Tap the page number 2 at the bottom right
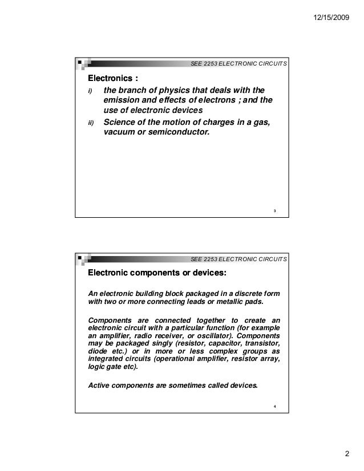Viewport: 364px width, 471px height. [346, 454]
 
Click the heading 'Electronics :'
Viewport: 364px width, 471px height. [112, 78]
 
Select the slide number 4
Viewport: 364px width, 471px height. [274, 406]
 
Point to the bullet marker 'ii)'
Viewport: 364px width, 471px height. [89, 123]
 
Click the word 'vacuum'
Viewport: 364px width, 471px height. [118, 133]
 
